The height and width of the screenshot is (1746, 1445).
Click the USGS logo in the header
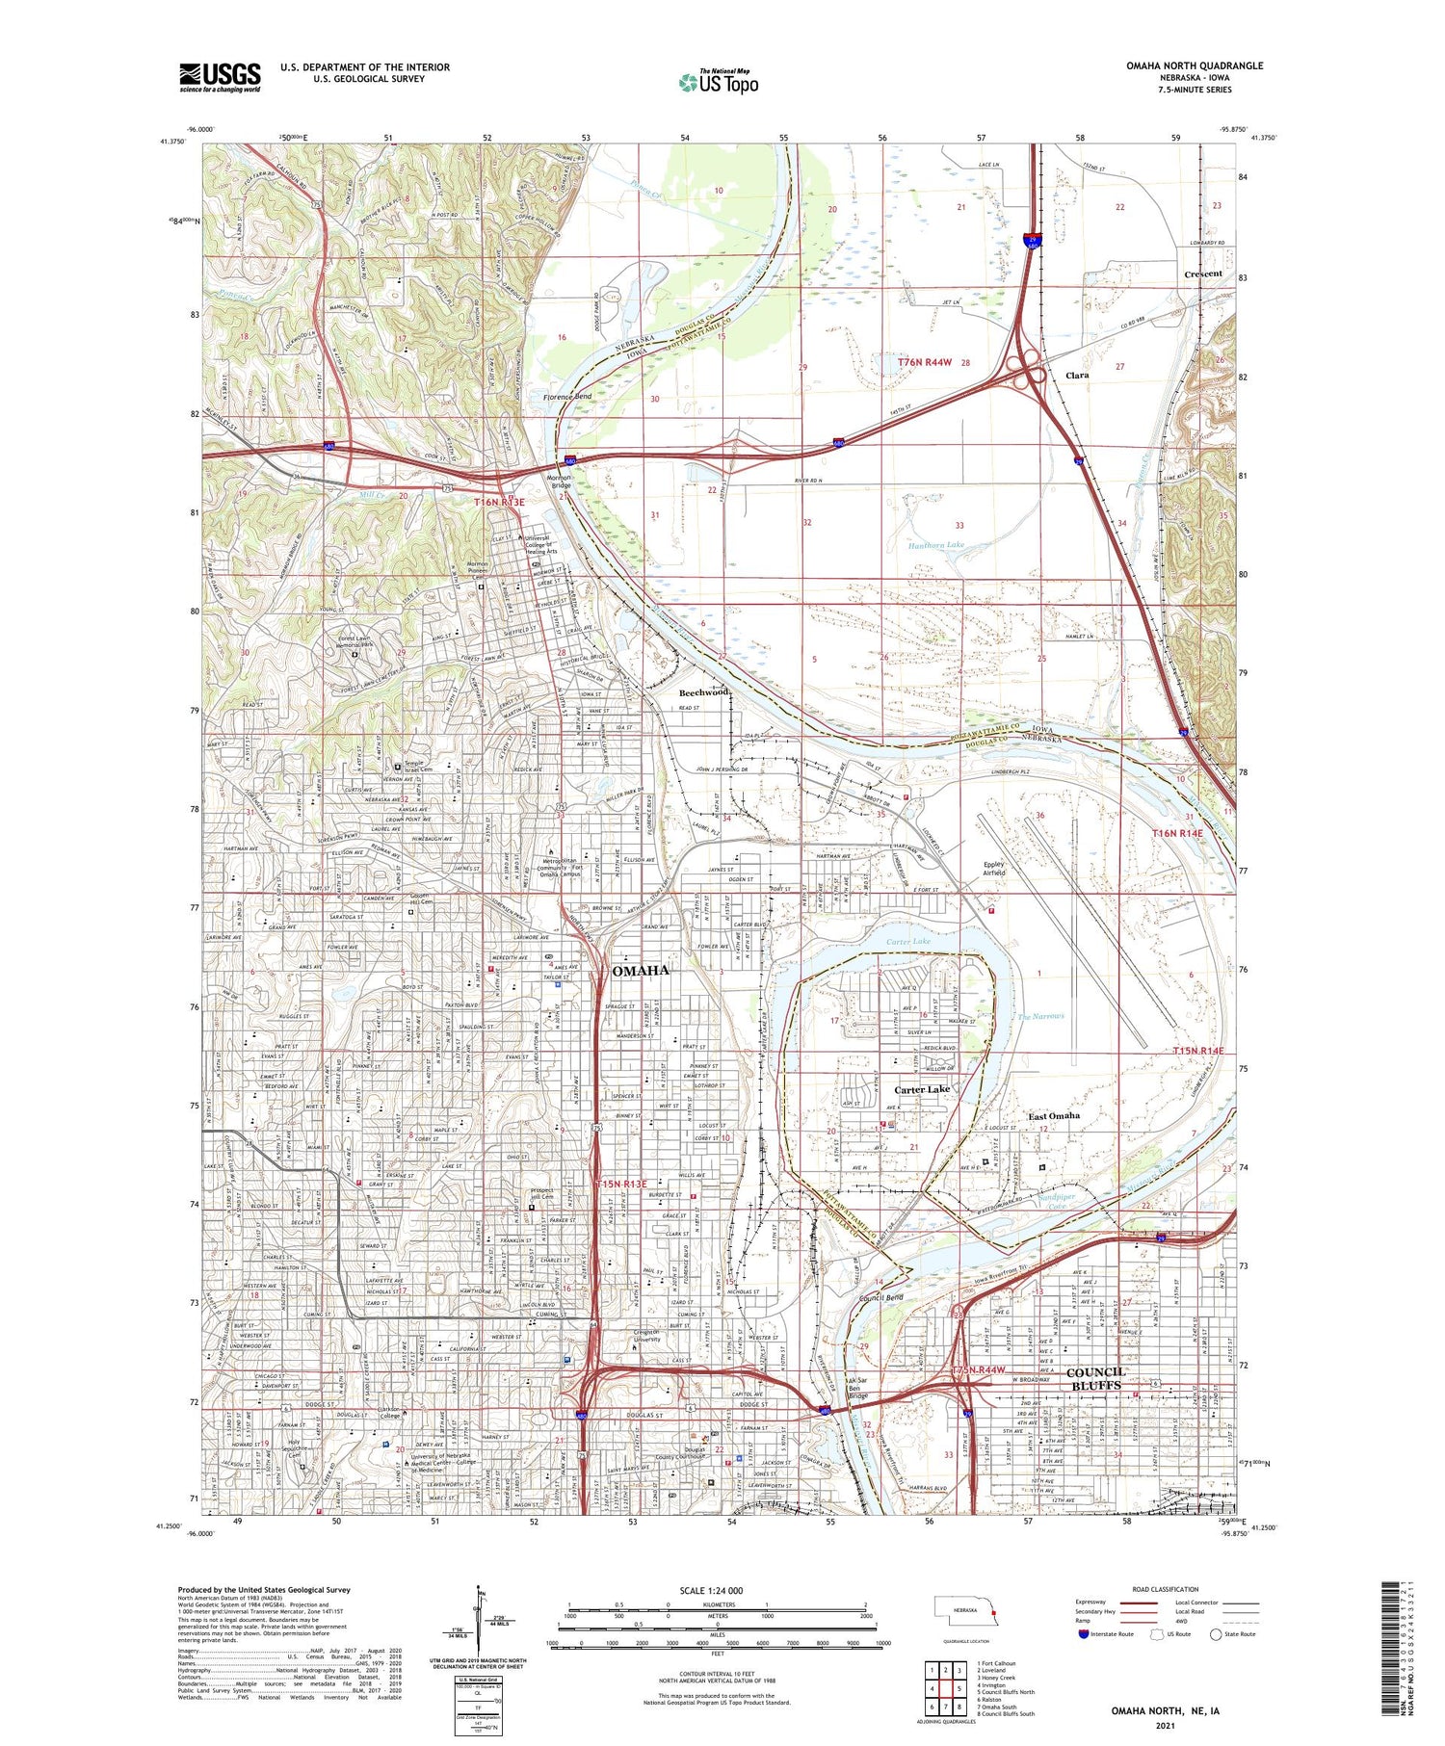(220, 77)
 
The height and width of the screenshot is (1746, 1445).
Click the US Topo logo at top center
(719, 82)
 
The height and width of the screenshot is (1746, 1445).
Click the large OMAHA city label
(640, 971)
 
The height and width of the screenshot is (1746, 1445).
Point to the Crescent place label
(1202, 274)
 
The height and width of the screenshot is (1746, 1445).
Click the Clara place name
(1076, 376)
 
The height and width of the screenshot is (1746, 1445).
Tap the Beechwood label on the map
(704, 692)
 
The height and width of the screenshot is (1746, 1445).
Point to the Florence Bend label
(567, 397)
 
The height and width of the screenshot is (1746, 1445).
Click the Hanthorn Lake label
(935, 545)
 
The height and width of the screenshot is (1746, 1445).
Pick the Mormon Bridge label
(560, 481)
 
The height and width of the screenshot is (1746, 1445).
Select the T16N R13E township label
(499, 502)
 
